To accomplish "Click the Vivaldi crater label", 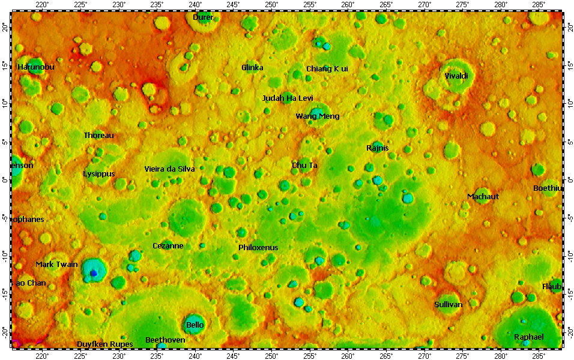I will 456,76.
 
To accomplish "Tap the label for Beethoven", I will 165,340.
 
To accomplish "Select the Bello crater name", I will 195,325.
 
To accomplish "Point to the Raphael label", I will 528,337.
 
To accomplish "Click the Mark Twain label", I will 56,264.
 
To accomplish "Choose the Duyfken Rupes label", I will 104,344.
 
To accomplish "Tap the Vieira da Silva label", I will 169,169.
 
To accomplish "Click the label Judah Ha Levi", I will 288,98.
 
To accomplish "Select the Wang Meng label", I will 317,116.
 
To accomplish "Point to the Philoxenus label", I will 258,247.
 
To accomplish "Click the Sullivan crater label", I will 448,305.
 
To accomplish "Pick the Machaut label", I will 483,197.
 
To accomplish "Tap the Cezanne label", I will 168,246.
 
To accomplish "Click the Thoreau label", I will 98,136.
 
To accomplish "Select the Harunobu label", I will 36,67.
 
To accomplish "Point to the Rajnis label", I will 377,148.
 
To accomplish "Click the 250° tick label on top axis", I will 271,5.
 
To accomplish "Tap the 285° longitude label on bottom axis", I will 539,355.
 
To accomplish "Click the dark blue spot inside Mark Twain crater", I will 94,274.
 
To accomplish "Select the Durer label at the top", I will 203,17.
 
